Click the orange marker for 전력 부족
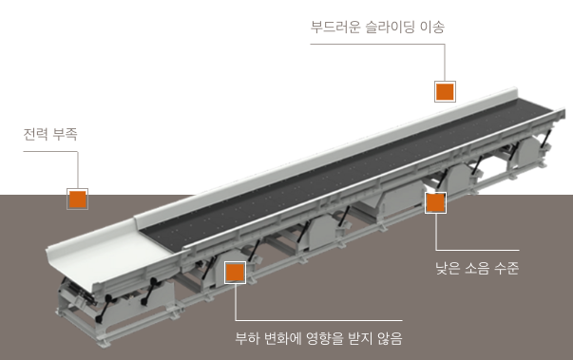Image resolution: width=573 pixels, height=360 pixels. coord(77,199)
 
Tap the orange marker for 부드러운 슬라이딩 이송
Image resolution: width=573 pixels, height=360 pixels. coord(445,91)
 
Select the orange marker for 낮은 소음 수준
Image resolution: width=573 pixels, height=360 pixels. coord(435,202)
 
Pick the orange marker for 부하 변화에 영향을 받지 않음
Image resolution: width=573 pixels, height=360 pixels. coord(235,273)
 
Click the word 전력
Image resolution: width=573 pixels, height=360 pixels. coord(35,134)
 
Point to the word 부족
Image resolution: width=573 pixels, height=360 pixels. coord(65,134)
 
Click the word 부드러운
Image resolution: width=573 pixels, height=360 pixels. coord(335,27)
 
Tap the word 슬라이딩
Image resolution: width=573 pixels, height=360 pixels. coord(391,27)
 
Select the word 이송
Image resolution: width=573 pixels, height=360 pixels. coord(432,27)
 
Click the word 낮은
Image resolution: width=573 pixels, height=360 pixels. coord(448,268)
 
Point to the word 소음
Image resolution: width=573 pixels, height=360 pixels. coord(477,268)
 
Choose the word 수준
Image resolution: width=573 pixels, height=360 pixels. coord(506,268)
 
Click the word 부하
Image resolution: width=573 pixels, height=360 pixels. coord(247,338)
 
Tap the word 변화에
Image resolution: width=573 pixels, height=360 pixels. coord(282,338)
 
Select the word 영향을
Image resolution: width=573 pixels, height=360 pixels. coord(325,338)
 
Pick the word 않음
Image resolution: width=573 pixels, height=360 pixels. coord(390,338)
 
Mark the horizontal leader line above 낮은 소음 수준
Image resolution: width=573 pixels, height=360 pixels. coord(477,250)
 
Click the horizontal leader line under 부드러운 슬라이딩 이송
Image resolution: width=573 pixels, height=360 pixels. coord(378,45)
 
